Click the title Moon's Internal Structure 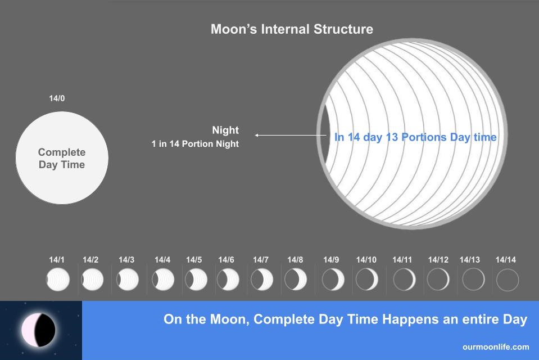[292, 29]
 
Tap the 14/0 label [57, 98]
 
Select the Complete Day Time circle [62, 157]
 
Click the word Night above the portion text [225, 130]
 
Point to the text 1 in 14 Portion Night [195, 144]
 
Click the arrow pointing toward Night [291, 135]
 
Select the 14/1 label [57, 260]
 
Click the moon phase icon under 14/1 [58, 280]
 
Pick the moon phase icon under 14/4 [163, 280]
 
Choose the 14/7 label [261, 260]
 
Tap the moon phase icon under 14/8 [296, 280]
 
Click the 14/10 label [366, 260]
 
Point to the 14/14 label [506, 260]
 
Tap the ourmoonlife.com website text [496, 347]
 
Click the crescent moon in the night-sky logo [38, 330]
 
